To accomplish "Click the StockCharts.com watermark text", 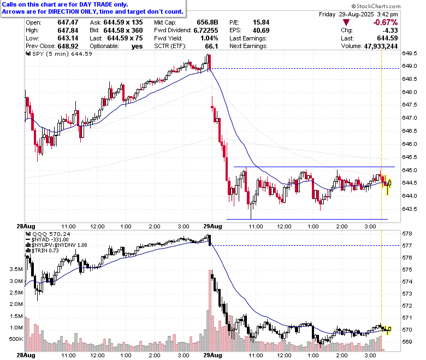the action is pyautogui.click(x=376, y=6).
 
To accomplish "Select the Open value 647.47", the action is pyautogui.click(x=68, y=22).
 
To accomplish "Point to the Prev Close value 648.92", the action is pyautogui.click(x=68, y=46).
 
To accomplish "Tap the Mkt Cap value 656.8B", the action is pyautogui.click(x=208, y=22).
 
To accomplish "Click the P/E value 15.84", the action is pyautogui.click(x=261, y=22).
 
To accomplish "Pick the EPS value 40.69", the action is pyautogui.click(x=261, y=31).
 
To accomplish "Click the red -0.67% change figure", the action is pyautogui.click(x=385, y=22).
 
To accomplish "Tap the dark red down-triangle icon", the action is pyautogui.click(x=346, y=22).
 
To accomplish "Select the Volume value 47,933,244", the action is pyautogui.click(x=381, y=46).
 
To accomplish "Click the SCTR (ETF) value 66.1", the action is pyautogui.click(x=211, y=46).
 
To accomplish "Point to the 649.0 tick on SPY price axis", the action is pyautogui.click(x=410, y=66).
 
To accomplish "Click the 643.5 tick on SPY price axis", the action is pyautogui.click(x=410, y=209).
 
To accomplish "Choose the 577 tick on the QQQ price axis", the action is pyautogui.click(x=407, y=246).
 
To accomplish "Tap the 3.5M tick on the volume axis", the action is pyautogui.click(x=16, y=269).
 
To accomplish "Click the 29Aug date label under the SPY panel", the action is pyautogui.click(x=212, y=226).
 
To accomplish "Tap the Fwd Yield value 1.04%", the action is pyautogui.click(x=209, y=38).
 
